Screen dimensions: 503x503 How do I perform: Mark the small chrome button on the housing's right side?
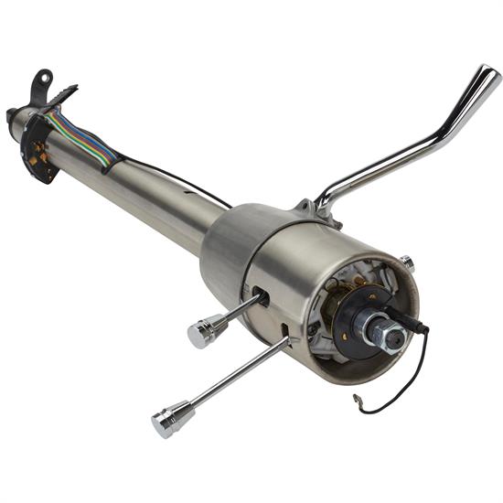pos(407,263)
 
